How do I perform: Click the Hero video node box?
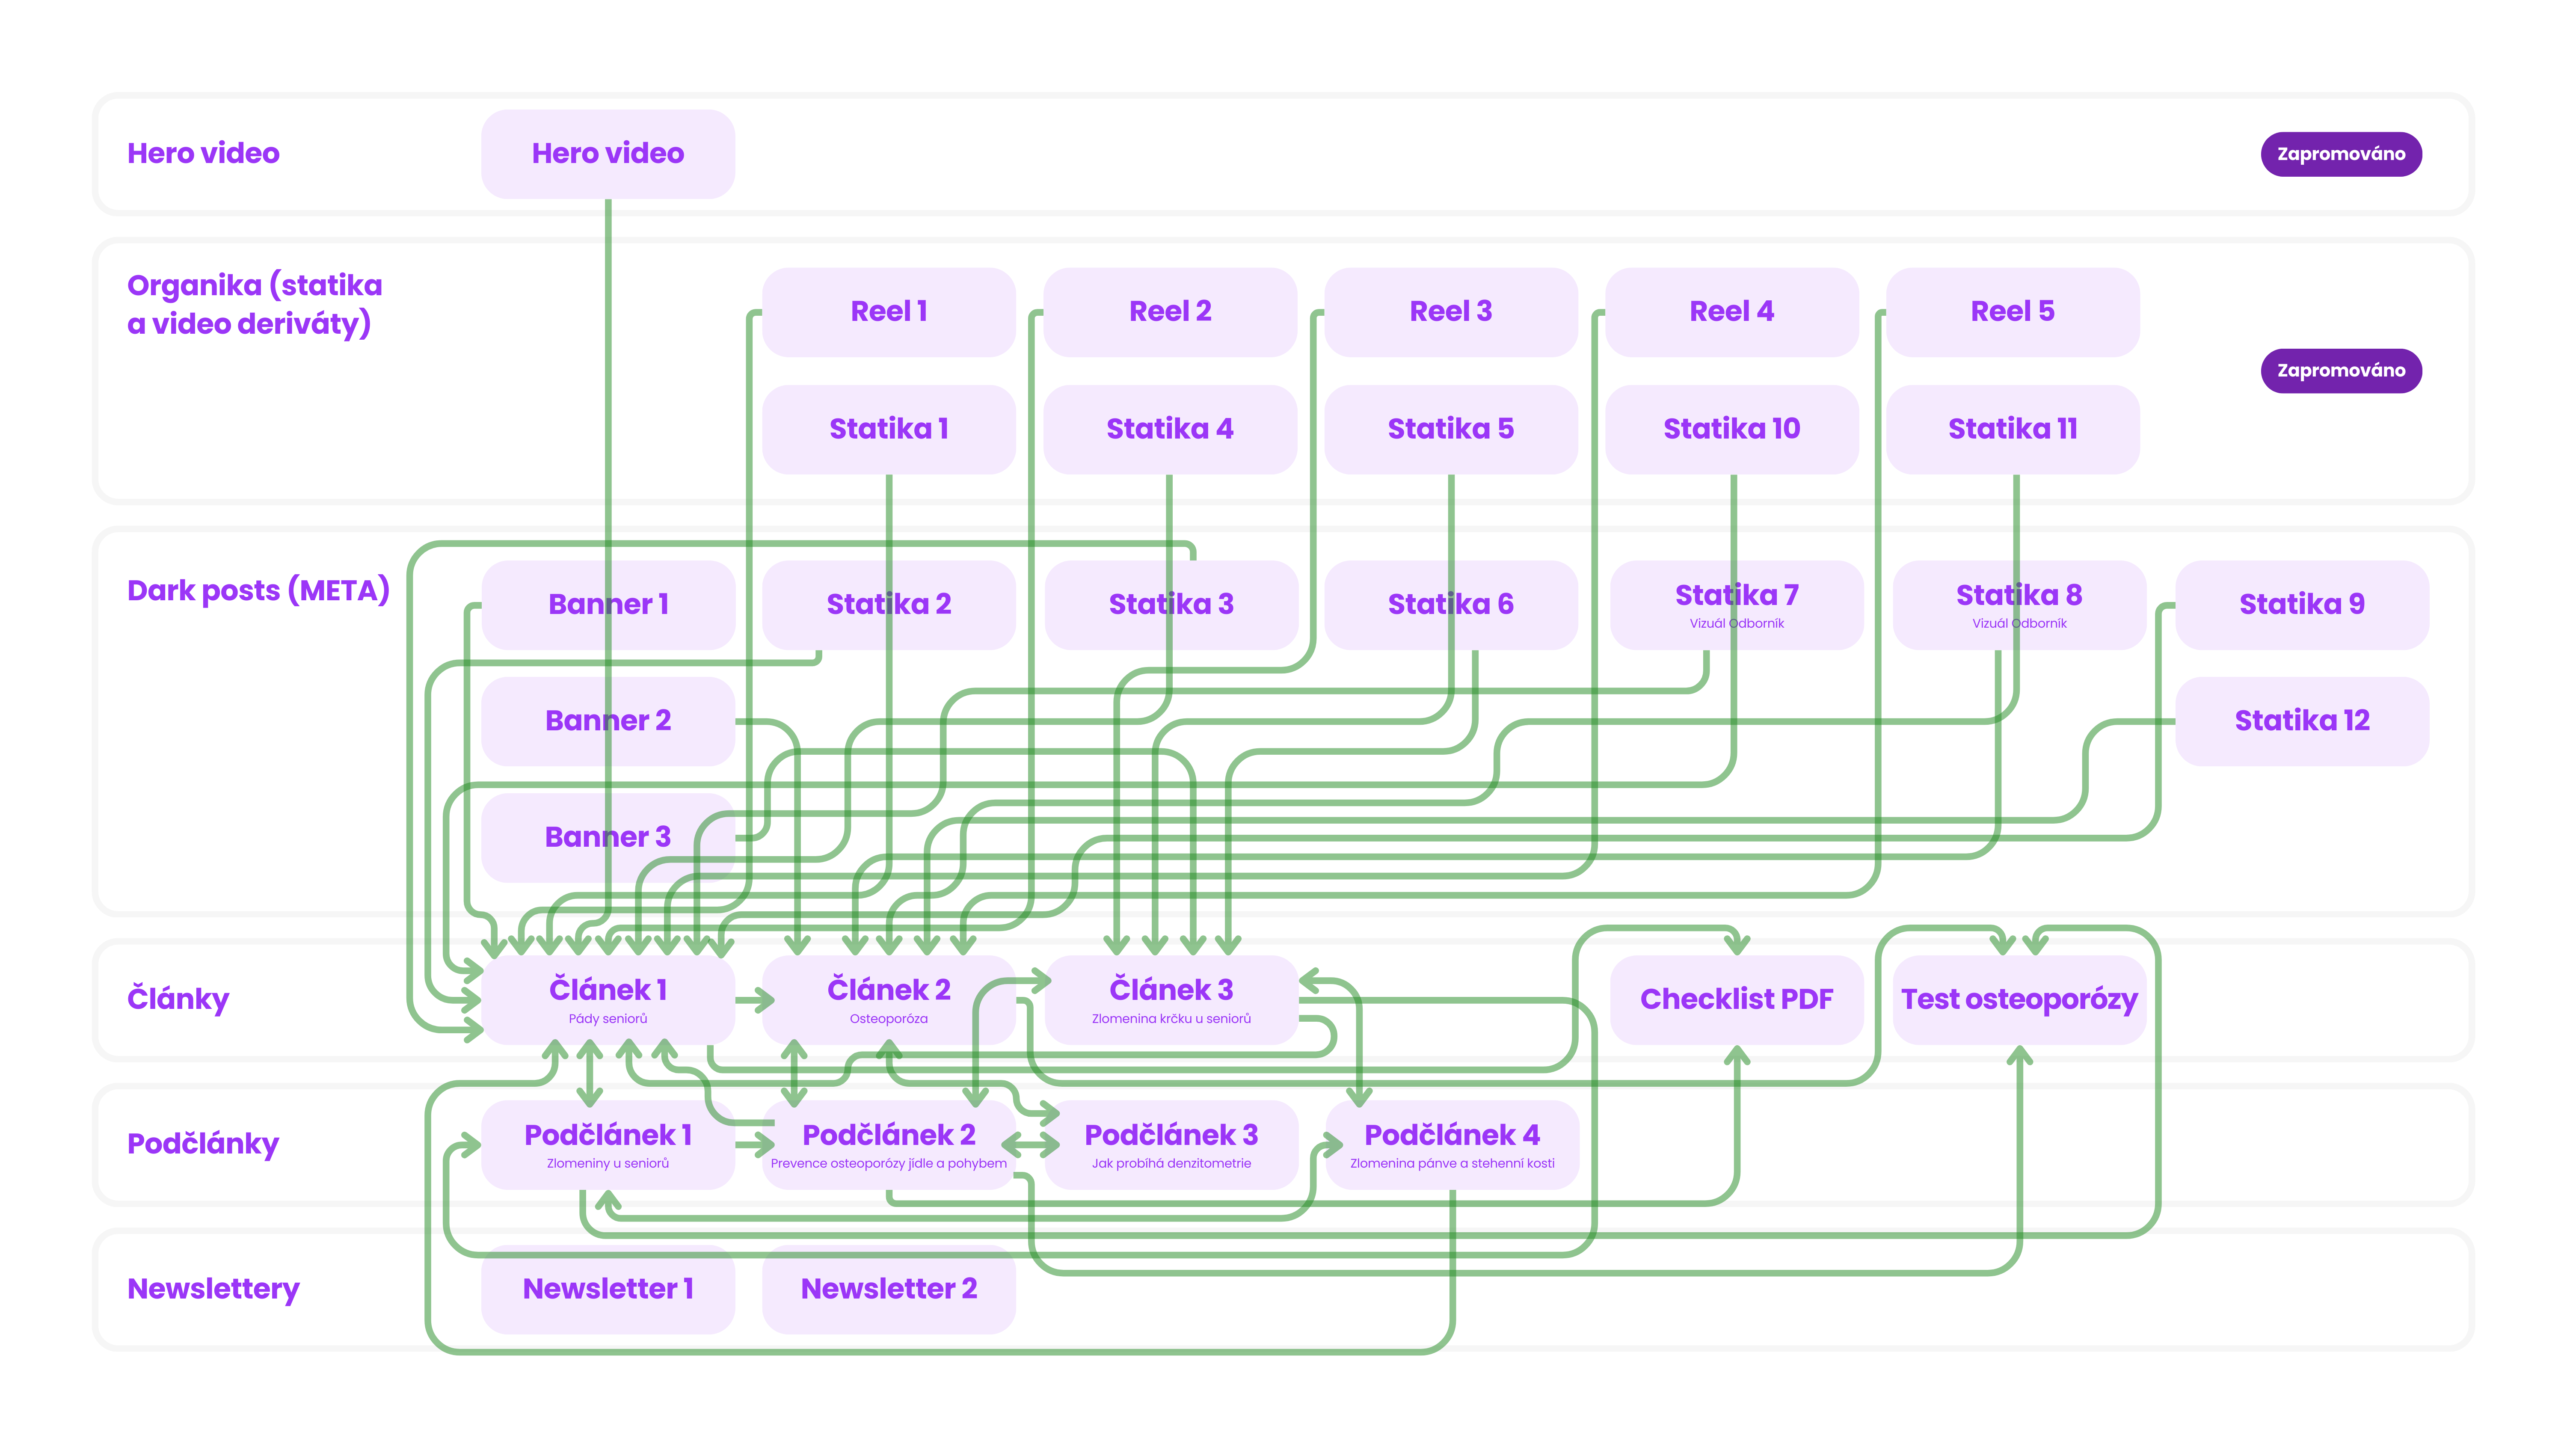click(x=608, y=154)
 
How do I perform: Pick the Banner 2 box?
click(x=608, y=721)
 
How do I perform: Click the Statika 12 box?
click(x=2302, y=721)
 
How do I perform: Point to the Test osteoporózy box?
click(x=2019, y=999)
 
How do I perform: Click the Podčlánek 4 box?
click(x=1452, y=1144)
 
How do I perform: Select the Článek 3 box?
click(x=1171, y=999)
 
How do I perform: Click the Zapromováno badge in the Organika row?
click(x=2341, y=371)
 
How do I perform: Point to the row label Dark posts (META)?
click(x=258, y=591)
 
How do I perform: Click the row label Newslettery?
click(x=213, y=1290)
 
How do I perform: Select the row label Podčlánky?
click(x=203, y=1144)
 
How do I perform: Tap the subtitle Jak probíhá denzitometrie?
click(x=1171, y=1163)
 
